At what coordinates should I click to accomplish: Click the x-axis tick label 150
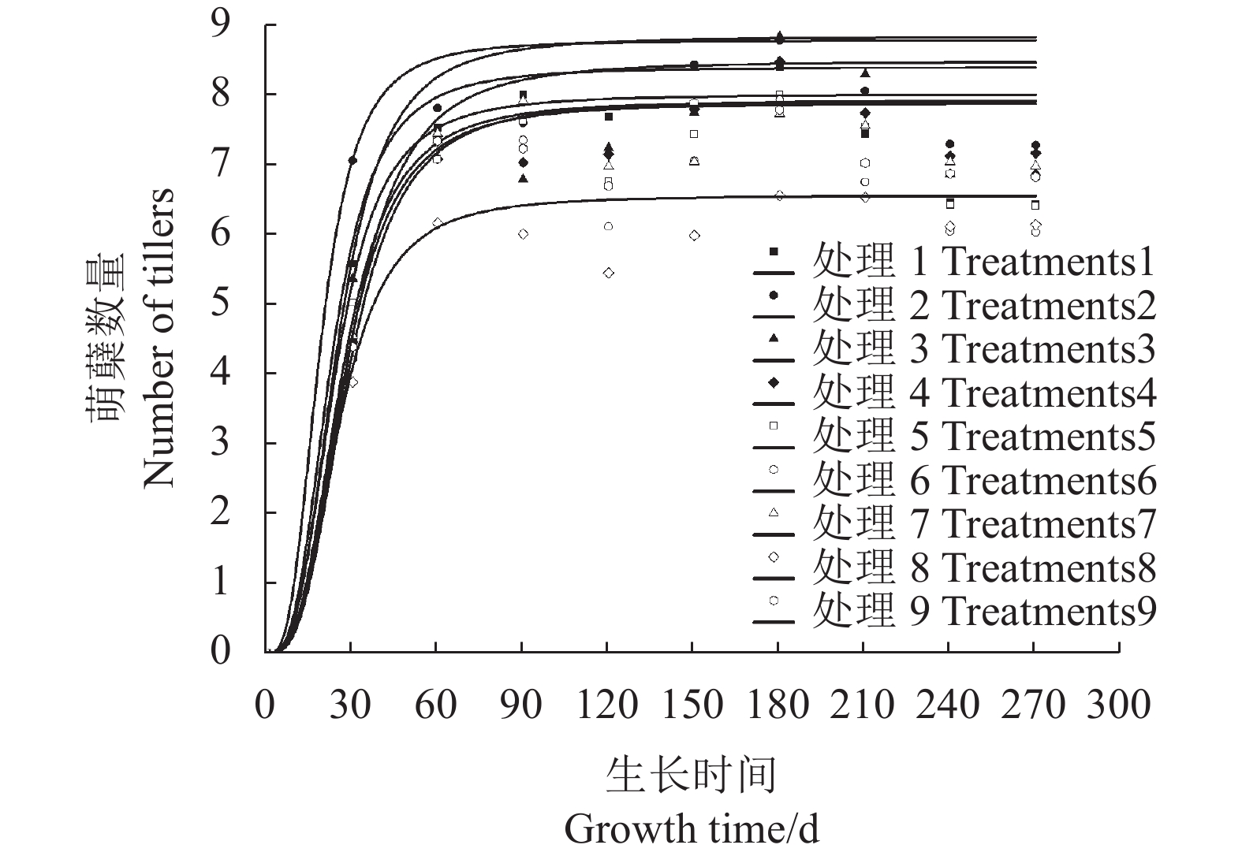point(692,704)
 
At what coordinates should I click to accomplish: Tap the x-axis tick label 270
point(1033,704)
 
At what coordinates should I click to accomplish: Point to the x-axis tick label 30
point(350,704)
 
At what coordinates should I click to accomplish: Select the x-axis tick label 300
point(1118,704)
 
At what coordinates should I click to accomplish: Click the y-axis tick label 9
point(221,24)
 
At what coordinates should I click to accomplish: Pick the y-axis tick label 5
point(221,303)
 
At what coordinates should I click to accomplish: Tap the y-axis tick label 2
point(221,512)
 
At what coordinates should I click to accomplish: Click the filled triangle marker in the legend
point(774,338)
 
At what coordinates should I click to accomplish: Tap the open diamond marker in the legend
point(774,556)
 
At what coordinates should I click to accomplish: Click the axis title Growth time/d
point(692,829)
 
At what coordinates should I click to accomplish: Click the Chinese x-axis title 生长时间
point(692,775)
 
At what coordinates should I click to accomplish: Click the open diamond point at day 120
point(608,273)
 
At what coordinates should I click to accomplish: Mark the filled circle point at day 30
point(352,160)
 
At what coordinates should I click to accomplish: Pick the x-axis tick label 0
point(265,704)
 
